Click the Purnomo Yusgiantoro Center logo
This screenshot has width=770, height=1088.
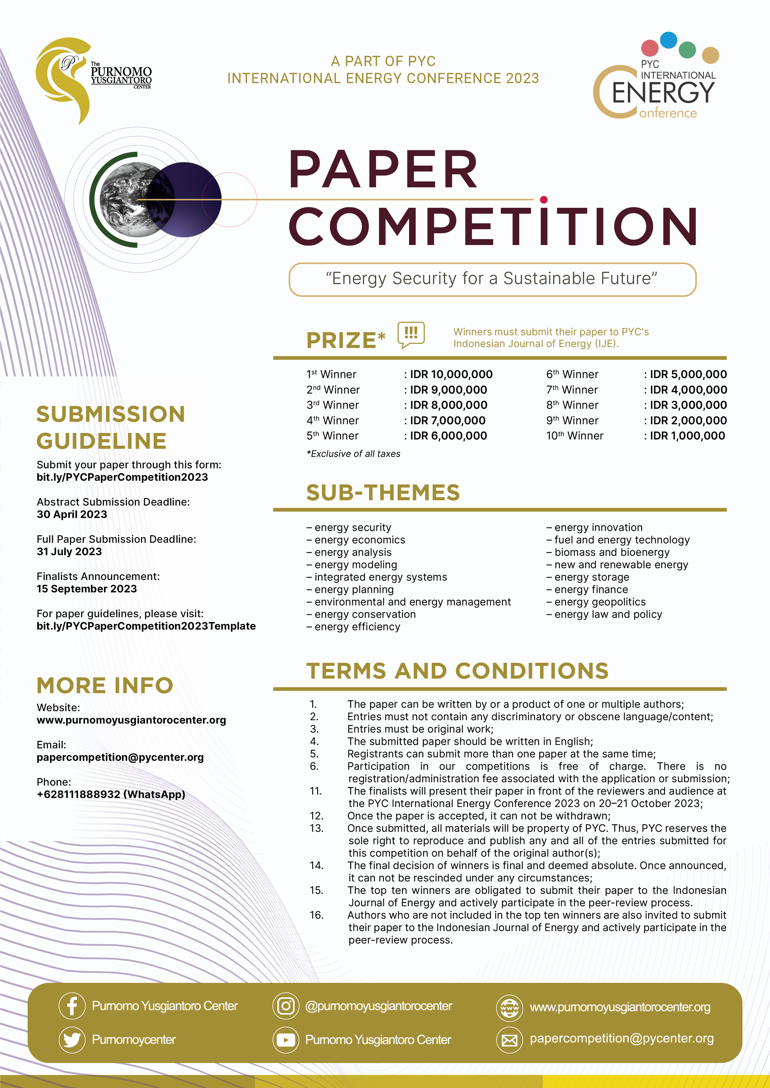tap(92, 78)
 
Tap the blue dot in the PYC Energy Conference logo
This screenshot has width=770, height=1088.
tap(668, 40)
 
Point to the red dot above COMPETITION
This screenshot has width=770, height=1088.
tap(544, 199)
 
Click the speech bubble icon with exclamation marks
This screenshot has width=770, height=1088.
tap(411, 334)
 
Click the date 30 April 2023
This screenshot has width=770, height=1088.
tap(72, 514)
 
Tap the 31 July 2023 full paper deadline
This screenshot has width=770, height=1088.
tap(69, 551)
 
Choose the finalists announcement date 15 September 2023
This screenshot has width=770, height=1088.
tap(87, 589)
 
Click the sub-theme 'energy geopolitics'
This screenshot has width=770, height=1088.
tap(600, 602)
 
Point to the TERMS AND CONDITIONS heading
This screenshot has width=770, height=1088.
tap(457, 671)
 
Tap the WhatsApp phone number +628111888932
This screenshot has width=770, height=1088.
tap(111, 794)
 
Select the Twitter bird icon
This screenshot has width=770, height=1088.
tap(72, 1040)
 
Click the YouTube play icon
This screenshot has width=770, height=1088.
tap(286, 1040)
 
